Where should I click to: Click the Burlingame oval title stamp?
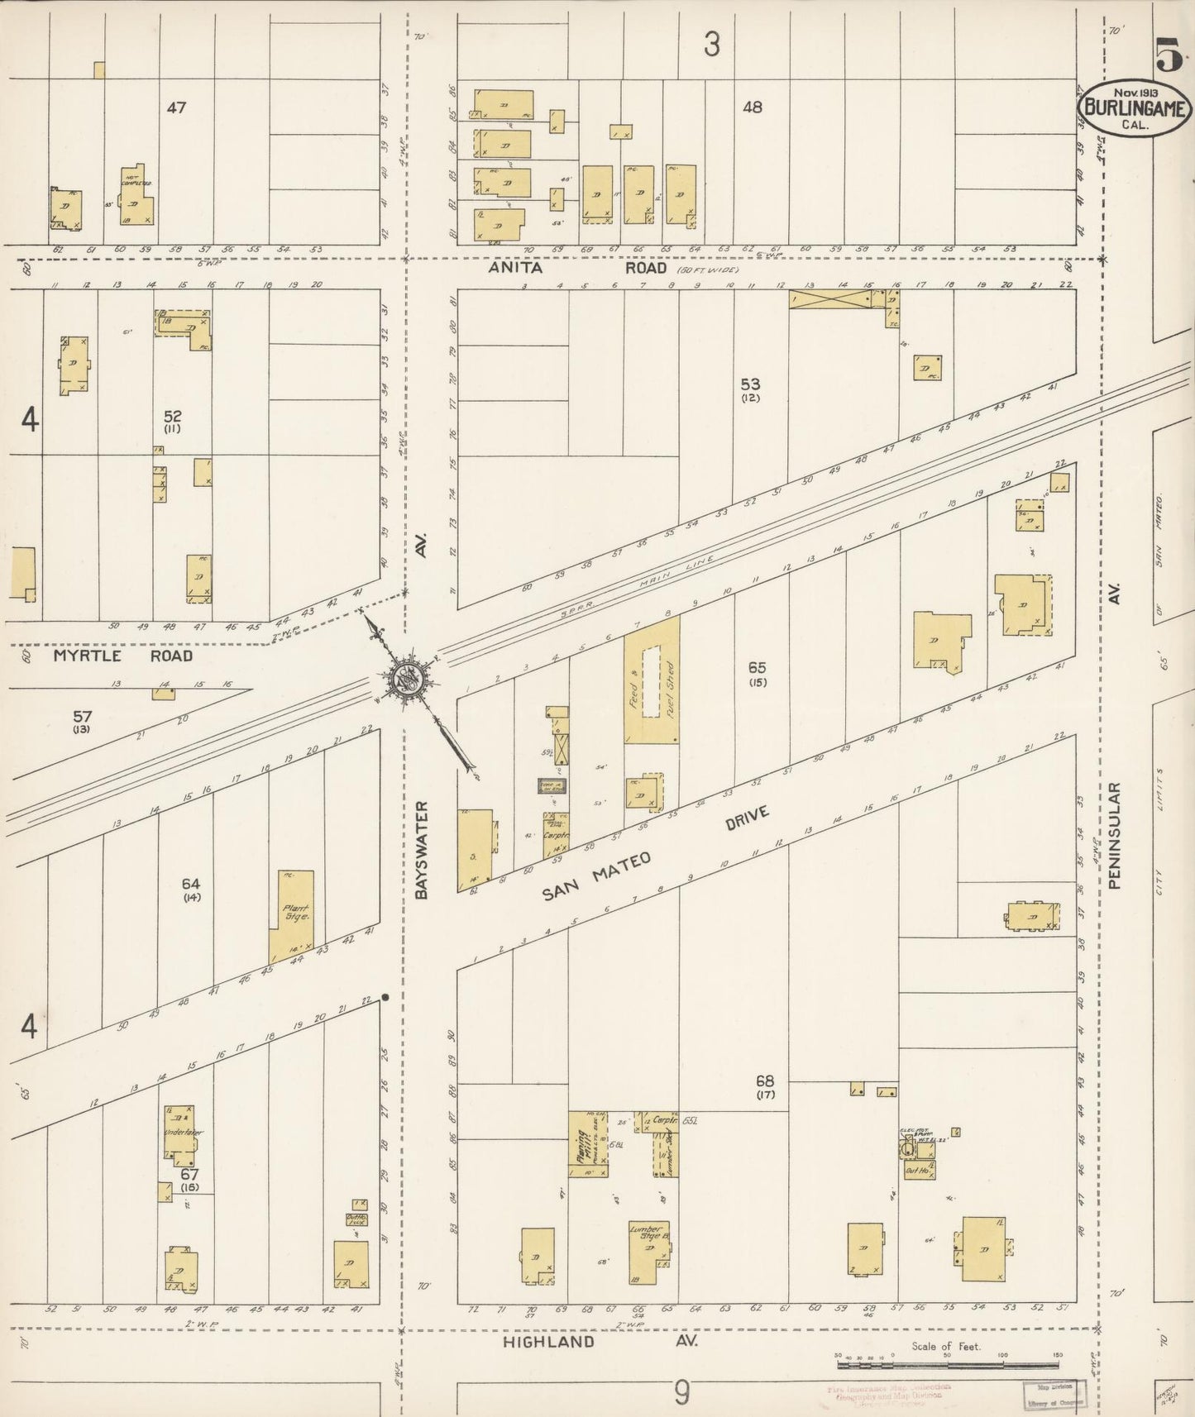tap(1133, 107)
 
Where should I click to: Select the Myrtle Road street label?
tap(123, 656)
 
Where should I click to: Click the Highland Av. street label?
tap(600, 1341)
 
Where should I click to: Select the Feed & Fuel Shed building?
tap(651, 680)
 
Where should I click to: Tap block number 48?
tap(752, 107)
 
